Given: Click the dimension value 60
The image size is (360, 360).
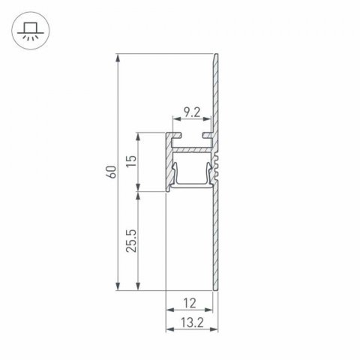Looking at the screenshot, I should coord(111,171).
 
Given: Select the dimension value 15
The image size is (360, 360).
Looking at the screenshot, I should coord(131,163).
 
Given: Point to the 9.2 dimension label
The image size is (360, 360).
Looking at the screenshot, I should coord(192,113).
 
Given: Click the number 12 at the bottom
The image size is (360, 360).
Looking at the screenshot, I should coord(188,303).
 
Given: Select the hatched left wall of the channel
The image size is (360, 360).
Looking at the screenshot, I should coord(168,161).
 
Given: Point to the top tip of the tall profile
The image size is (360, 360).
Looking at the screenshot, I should coord(217,56).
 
